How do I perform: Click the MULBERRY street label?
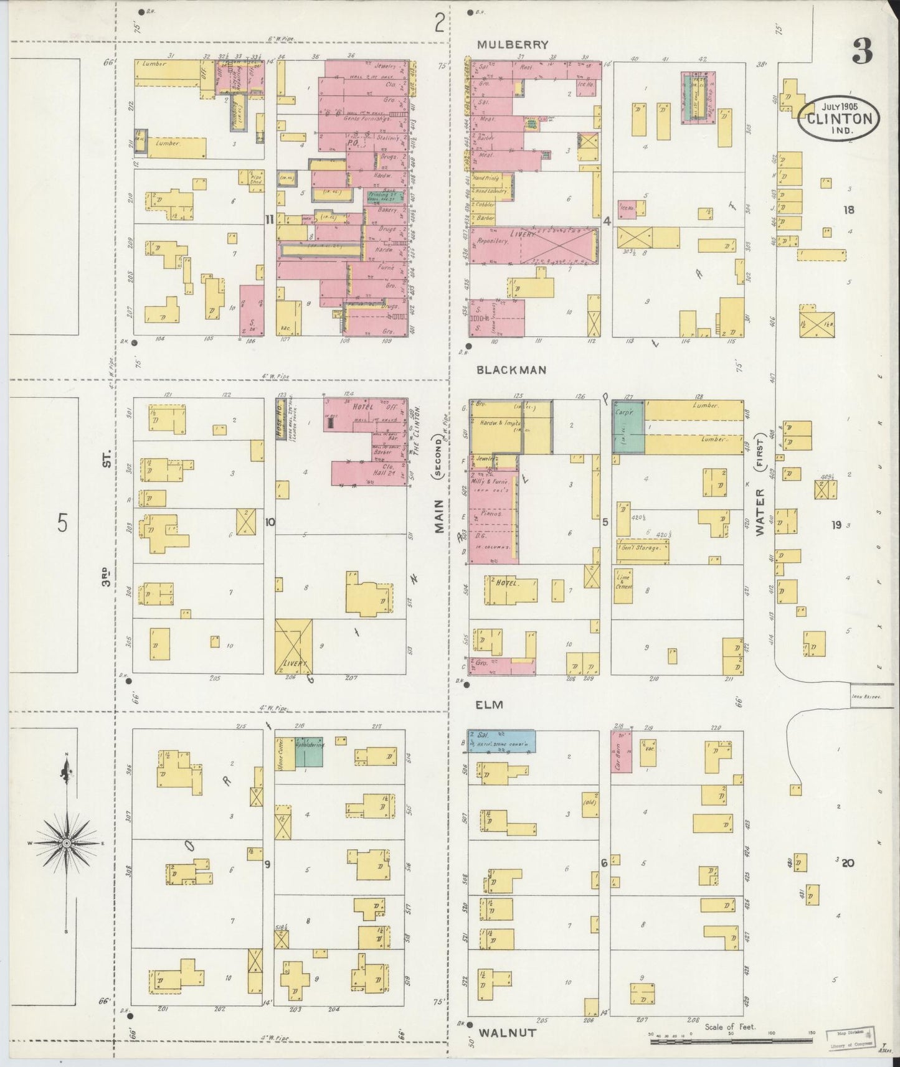pos(513,45)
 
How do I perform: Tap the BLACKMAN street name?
pos(511,370)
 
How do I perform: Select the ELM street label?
pos(490,705)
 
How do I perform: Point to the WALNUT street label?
pos(507,1032)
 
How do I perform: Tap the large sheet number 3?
pos(863,52)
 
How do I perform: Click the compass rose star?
pos(65,843)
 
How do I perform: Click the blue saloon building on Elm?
pos(502,741)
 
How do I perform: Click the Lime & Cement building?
pos(623,585)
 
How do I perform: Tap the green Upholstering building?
pos(310,751)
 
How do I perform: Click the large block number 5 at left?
pos(62,524)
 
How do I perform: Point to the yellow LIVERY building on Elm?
pos(294,647)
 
